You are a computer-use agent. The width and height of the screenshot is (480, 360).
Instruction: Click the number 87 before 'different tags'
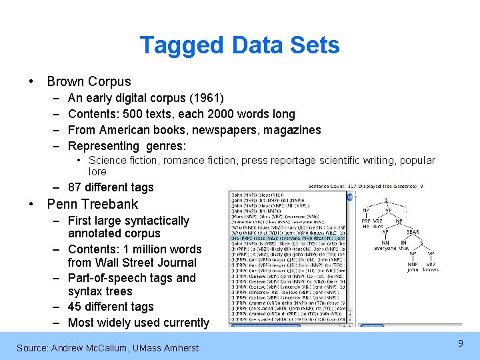75,187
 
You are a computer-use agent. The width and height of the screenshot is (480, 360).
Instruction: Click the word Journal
179,263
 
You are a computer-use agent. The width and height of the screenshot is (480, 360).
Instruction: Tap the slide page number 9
460,343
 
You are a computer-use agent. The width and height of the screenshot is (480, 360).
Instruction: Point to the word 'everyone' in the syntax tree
385,248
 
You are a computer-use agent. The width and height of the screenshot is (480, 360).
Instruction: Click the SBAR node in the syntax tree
413,233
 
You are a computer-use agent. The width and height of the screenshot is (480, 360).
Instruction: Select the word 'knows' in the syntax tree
431,269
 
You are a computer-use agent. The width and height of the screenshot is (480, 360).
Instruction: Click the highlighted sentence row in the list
287,237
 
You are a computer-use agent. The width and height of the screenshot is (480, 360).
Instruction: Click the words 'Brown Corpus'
89,81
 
